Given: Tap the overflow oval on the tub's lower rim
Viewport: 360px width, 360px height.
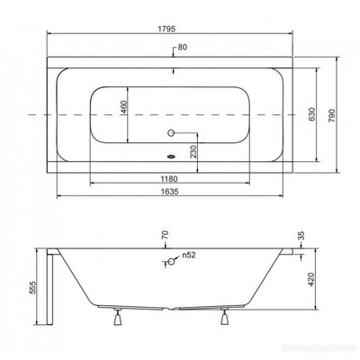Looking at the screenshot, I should tap(173, 166).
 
